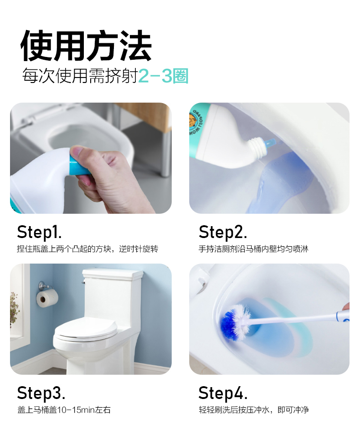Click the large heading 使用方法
(x=86, y=46)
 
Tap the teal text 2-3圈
(x=163, y=76)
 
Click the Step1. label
(x=39, y=232)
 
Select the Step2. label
(x=222, y=232)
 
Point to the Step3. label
(x=41, y=393)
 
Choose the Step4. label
(x=223, y=393)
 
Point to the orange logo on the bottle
(x=194, y=121)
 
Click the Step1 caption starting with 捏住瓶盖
(x=87, y=249)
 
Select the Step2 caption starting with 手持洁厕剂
(x=253, y=249)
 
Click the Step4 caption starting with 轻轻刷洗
(x=254, y=410)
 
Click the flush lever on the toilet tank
(x=83, y=282)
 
